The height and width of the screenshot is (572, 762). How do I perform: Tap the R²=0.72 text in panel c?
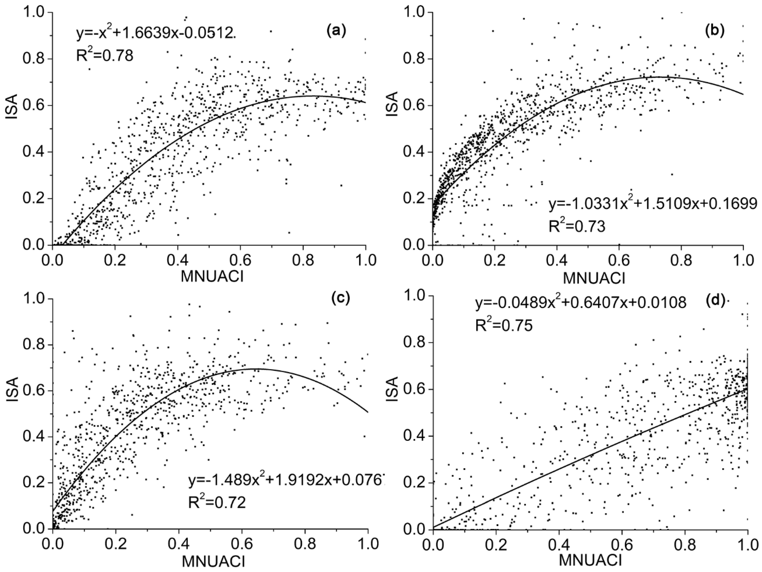(x=217, y=503)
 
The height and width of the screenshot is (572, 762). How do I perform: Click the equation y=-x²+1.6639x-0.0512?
(x=156, y=33)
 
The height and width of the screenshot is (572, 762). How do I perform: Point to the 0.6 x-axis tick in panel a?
(x=240, y=262)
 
